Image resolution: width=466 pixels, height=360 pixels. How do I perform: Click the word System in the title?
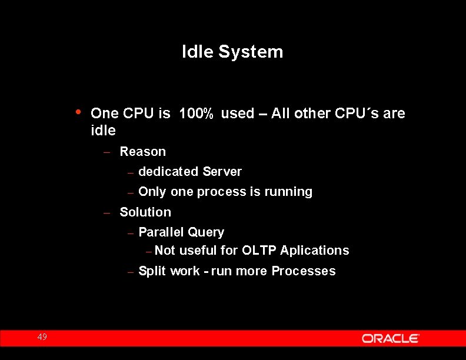pos(251,52)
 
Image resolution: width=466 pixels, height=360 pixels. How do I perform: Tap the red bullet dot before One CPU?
pos(79,112)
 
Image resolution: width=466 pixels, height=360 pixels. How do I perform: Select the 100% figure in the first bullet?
pos(196,114)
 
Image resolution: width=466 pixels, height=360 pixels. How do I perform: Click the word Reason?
pos(142,152)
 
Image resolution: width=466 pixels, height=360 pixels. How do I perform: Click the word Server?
pos(222,172)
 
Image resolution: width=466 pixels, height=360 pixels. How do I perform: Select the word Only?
pos(152,192)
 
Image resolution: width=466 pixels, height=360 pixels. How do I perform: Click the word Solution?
pos(145,212)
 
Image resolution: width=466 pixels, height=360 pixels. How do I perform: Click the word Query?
pos(206,232)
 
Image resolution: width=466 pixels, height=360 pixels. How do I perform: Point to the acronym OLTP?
pos(259,251)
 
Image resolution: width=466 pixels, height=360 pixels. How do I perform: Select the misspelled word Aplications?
pos(315,251)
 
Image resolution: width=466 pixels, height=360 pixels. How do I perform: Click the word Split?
pos(152,271)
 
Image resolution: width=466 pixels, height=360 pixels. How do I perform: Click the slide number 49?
pos(42,337)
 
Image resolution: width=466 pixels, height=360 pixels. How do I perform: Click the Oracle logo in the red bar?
pos(390,338)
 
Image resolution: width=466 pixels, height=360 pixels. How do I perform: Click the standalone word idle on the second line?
pos(103,130)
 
